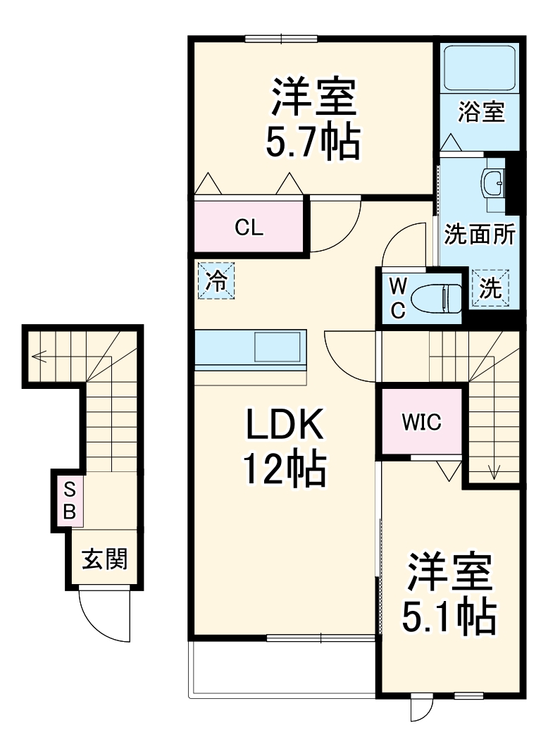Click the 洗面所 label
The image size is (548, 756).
pyautogui.click(x=479, y=235)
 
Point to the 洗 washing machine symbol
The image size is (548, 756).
pyautogui.click(x=490, y=288)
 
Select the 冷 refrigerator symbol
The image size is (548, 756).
pyautogui.click(x=216, y=280)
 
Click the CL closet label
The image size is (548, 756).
pyautogui.click(x=249, y=228)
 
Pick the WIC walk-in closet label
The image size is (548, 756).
pyautogui.click(x=421, y=422)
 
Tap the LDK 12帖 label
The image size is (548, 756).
pyautogui.click(x=284, y=447)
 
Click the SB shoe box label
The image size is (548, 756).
pyautogui.click(x=69, y=500)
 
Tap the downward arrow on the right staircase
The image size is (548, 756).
pyautogui.click(x=492, y=471)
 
